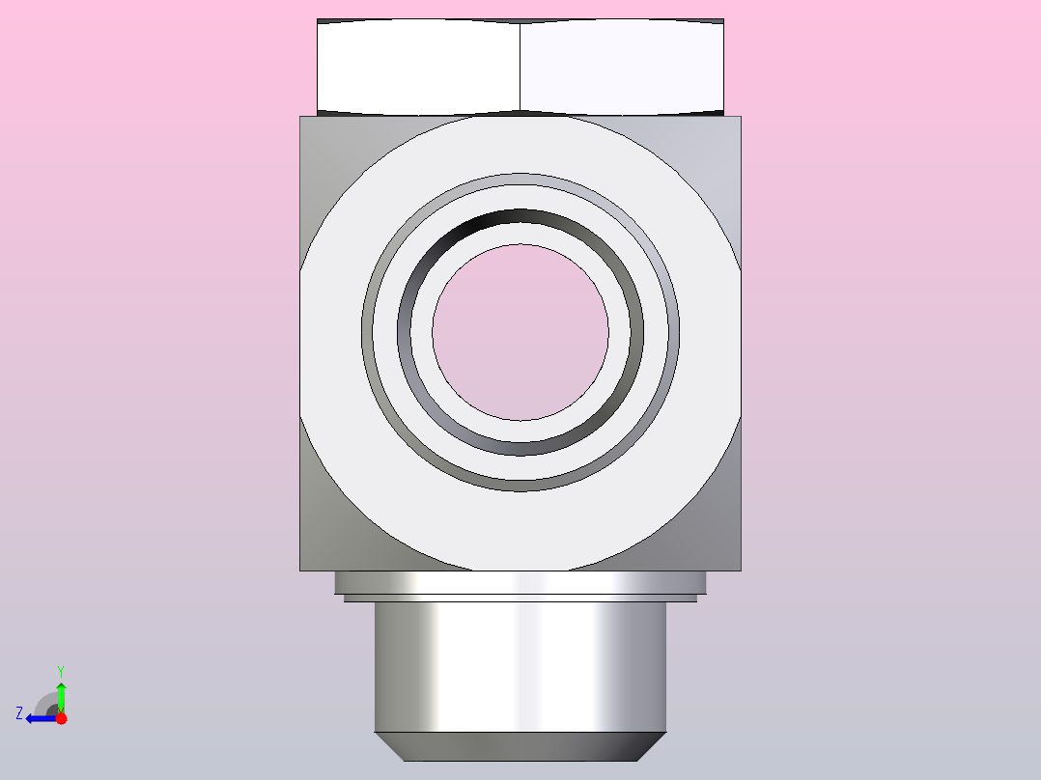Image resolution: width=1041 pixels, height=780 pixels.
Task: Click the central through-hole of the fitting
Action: (x=520, y=332)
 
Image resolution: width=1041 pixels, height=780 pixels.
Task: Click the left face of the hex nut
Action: (x=418, y=67)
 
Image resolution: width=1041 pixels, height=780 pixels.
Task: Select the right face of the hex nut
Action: (x=622, y=67)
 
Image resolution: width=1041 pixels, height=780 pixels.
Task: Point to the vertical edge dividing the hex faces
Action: (x=520, y=67)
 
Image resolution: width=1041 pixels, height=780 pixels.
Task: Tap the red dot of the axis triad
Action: (x=61, y=718)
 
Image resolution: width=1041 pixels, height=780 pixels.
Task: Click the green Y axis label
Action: (x=61, y=671)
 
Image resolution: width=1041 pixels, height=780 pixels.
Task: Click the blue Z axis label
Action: (x=19, y=713)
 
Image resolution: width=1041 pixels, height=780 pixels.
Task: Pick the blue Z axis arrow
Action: (x=42, y=718)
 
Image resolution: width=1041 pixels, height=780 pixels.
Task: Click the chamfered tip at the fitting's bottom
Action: (x=520, y=747)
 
